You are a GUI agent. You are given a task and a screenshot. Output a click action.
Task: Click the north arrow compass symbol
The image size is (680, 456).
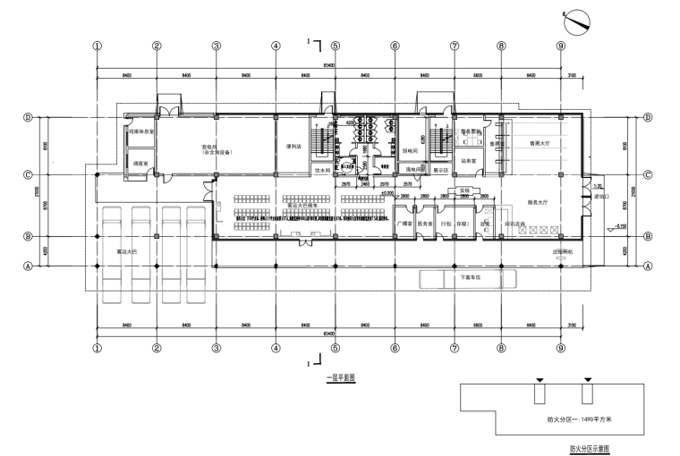(575, 19)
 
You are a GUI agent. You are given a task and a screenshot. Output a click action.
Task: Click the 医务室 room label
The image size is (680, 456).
(425, 224)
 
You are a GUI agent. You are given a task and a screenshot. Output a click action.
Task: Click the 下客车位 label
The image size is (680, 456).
(471, 277)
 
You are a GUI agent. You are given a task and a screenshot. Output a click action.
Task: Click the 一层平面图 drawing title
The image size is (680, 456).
(341, 378)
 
